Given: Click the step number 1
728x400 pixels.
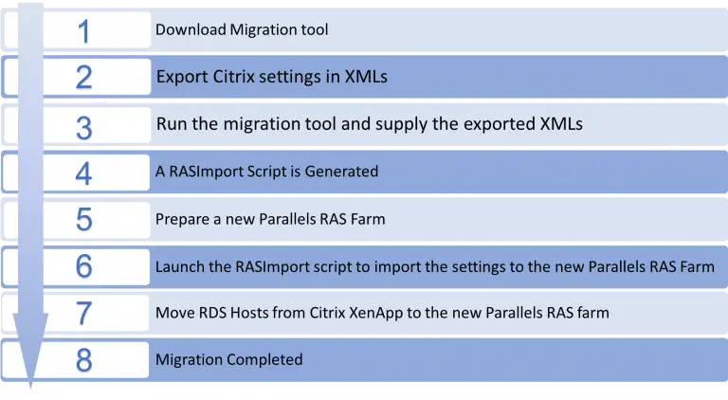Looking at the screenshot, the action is click(x=83, y=31).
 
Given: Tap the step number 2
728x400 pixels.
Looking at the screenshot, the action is click(x=84, y=77).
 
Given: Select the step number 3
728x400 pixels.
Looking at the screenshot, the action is click(x=84, y=128).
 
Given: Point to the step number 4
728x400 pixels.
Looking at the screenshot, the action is click(x=83, y=174).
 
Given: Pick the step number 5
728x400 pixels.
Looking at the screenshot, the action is click(x=84, y=220).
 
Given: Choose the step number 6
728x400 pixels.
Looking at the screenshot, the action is click(x=84, y=266).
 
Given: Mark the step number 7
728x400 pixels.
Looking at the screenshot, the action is click(x=84, y=313).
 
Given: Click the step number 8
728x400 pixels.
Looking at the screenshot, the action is click(x=84, y=360).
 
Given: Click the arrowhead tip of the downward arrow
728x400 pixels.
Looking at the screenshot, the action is click(x=30, y=388).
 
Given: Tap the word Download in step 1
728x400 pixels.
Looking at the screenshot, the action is click(x=191, y=29).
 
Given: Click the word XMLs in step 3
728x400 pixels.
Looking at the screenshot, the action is click(x=561, y=124).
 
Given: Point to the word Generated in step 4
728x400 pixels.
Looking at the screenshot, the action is click(x=341, y=172).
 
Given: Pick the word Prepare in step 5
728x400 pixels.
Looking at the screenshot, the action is click(x=182, y=219).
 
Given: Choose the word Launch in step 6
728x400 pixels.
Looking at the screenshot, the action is click(x=178, y=266).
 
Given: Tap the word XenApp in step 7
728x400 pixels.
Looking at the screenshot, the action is click(x=376, y=313).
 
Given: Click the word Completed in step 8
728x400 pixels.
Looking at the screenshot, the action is click(x=264, y=359).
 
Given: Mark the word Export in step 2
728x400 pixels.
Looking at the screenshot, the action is click(x=182, y=77).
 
